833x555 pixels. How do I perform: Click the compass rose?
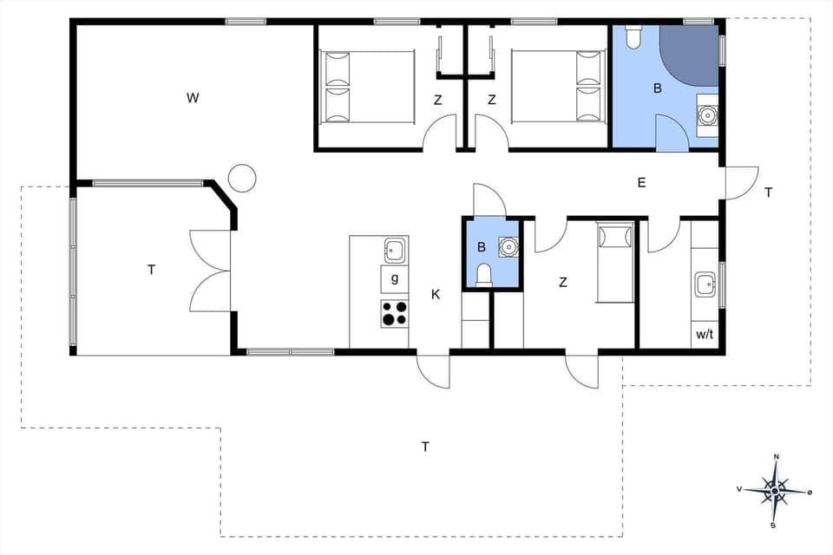tap(775, 490)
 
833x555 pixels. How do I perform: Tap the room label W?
tap(193, 97)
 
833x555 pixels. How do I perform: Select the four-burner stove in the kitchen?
tap(395, 313)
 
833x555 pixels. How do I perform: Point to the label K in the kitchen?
tap(436, 295)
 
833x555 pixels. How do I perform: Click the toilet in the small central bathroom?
tap(484, 275)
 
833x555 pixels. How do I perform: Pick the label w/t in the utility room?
tap(705, 335)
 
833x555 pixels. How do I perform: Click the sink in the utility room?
tap(705, 284)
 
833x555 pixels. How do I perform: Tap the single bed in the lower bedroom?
tap(616, 262)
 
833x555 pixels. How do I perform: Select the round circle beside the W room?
tap(242, 178)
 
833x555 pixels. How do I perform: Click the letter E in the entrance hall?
tap(641, 182)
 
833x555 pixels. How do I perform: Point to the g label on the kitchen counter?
tap(395, 278)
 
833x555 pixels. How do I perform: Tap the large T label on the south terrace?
tap(425, 447)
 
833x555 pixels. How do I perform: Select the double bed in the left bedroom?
tap(367, 87)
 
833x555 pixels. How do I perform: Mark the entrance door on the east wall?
tap(741, 183)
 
